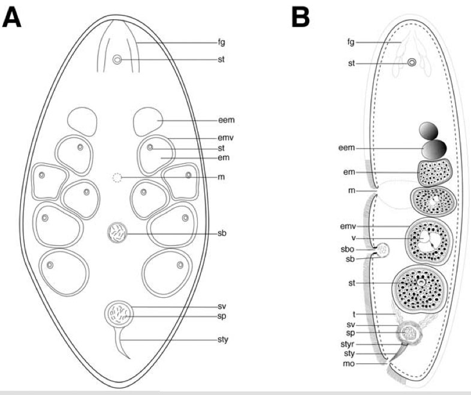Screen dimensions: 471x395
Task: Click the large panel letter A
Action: coord(12,17)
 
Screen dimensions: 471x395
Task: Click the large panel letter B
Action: coord(300,17)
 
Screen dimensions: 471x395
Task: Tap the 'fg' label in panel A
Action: coord(221,43)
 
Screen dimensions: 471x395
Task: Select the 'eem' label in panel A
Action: coord(227,120)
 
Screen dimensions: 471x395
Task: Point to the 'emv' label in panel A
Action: coord(225,138)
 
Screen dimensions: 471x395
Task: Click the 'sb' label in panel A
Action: coord(222,233)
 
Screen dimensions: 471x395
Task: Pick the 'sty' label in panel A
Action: coord(223,340)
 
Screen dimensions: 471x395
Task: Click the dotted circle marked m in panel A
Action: coord(117,178)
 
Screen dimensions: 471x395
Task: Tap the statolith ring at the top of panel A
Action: coord(117,59)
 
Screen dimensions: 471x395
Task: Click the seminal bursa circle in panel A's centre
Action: coord(117,232)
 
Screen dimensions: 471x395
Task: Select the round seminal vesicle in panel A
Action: coord(119,315)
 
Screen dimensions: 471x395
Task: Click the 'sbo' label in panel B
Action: coord(348,249)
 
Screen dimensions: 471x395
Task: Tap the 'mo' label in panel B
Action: coord(349,364)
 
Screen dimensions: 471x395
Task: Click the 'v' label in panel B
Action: coord(354,238)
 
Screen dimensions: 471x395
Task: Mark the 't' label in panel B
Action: coord(354,315)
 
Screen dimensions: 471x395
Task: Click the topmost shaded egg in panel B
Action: coord(428,131)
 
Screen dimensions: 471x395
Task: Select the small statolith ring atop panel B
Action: coord(412,62)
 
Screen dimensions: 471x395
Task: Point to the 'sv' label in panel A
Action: coord(222,307)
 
